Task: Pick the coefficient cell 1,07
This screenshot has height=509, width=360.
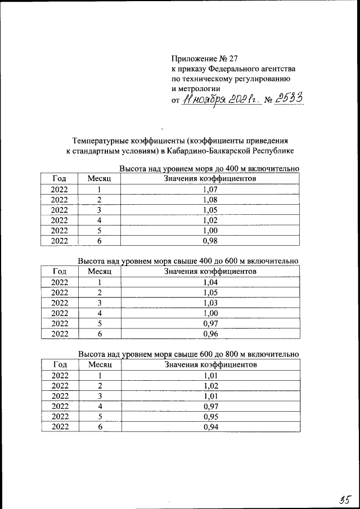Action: click(x=209, y=190)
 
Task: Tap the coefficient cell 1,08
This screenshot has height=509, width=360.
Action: click(x=209, y=200)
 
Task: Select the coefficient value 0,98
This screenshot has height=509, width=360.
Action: click(x=209, y=241)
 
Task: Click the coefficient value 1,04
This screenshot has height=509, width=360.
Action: click(x=209, y=282)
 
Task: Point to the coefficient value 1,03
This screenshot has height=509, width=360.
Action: click(x=209, y=303)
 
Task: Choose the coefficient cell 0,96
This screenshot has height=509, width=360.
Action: click(x=209, y=334)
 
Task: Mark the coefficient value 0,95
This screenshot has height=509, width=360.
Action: click(x=209, y=416)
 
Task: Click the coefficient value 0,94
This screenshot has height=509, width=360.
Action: click(x=209, y=427)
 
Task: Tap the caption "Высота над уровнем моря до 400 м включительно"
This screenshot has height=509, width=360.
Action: click(x=209, y=169)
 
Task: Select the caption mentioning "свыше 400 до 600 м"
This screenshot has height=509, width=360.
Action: click(x=188, y=262)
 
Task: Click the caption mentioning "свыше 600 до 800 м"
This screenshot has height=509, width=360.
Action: click(x=188, y=354)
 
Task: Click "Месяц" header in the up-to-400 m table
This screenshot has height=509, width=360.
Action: click(x=100, y=179)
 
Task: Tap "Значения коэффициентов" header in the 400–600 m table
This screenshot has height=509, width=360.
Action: click(x=210, y=272)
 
